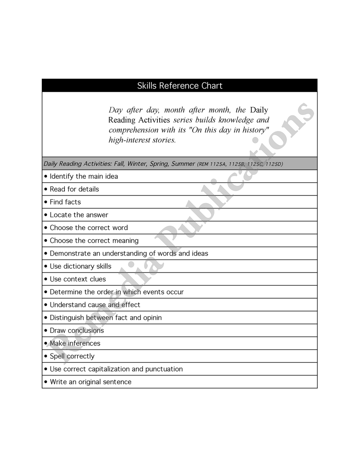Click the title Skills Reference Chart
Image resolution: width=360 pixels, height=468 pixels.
pos(180,86)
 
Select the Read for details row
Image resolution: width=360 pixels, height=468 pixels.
pos(74,189)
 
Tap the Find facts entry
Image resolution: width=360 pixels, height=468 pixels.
pos(65,202)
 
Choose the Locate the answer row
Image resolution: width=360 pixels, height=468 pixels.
pos(79,215)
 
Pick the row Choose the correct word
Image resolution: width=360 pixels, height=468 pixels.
pos(89,228)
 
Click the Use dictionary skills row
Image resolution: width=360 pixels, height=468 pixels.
pos(80,266)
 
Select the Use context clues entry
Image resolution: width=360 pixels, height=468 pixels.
pos(78,279)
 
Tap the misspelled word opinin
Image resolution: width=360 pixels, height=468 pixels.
pos(152,318)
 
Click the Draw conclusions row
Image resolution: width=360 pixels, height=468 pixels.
pos(77,330)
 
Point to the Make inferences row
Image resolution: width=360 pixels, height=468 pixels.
pos(75,343)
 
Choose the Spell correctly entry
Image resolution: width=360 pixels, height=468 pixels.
pos(72,356)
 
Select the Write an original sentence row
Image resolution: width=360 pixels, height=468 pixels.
pos(90,382)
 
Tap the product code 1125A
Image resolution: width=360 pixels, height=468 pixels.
pos(218,164)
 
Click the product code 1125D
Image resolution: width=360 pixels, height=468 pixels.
pos(274,164)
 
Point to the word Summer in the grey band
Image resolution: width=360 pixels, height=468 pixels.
pos(183,164)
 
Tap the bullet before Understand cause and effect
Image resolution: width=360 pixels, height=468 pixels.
pos(46,305)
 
